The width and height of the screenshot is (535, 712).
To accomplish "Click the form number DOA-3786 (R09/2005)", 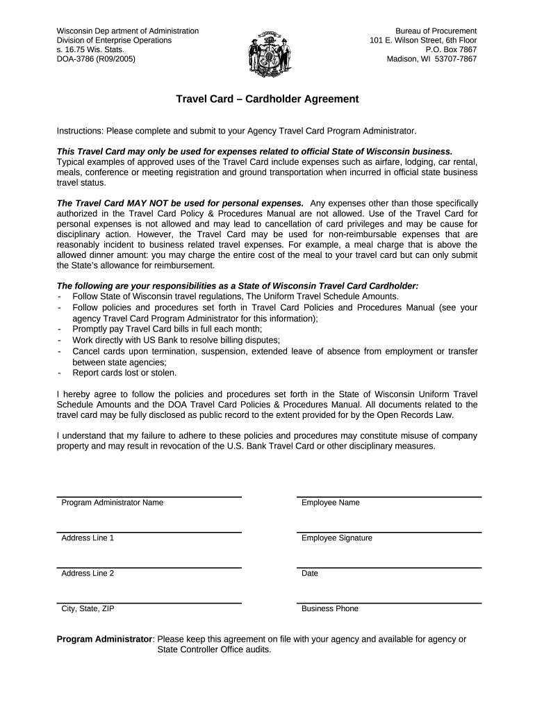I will (96, 59).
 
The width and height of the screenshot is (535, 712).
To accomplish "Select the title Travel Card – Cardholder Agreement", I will (267, 99).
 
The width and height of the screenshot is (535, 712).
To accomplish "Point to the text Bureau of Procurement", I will (436, 31).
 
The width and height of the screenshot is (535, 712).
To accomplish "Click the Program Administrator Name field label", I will (113, 503).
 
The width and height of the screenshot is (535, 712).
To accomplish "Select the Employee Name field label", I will (330, 503).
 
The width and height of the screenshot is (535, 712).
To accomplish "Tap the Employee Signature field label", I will (336, 538).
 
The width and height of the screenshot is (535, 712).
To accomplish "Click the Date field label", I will (310, 574).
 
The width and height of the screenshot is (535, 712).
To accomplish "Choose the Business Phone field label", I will (329, 608).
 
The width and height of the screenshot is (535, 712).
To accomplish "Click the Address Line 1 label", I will (88, 538).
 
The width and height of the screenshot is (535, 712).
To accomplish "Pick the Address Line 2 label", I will (88, 574).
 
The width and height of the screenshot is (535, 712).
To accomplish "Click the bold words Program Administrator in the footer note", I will (104, 639).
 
